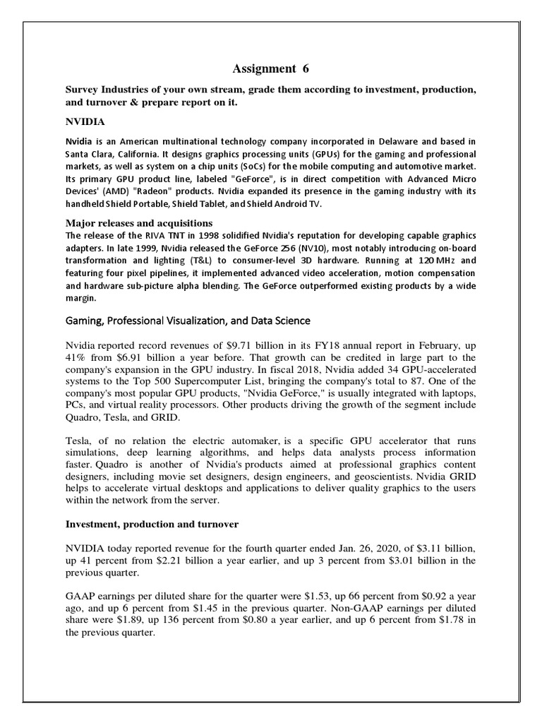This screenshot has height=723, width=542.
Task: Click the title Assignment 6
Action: (x=271, y=68)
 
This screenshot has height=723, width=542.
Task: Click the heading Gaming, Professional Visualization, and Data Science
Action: (x=188, y=321)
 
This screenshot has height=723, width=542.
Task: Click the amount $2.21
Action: (x=165, y=561)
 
